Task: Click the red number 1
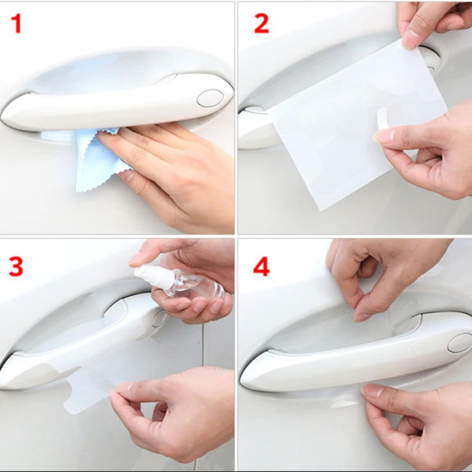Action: point(17,24)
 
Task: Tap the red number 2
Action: point(261,24)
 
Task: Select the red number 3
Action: point(16,267)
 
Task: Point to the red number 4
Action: point(261,267)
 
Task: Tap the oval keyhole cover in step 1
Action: point(210,98)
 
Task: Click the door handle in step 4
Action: point(355,355)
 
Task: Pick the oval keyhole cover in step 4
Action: point(461,343)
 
